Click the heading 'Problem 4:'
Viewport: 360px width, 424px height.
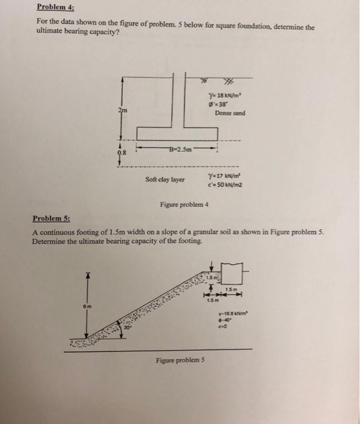tap(53, 8)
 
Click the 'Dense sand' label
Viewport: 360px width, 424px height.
tap(231, 113)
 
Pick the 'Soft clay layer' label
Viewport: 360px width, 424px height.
tap(165, 179)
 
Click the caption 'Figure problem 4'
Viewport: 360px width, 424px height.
tap(184, 205)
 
